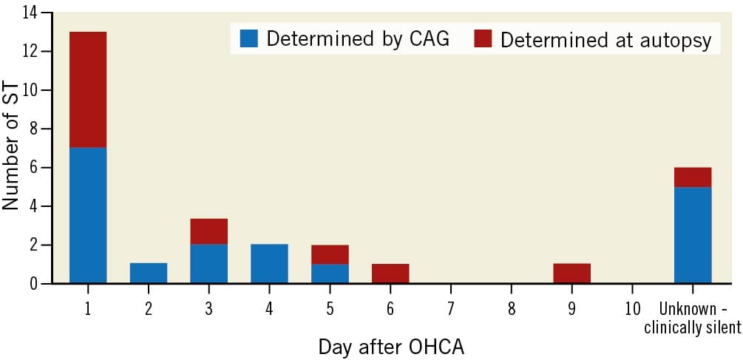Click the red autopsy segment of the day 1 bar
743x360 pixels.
pyautogui.click(x=88, y=90)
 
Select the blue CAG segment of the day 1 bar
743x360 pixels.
pyautogui.click(x=88, y=216)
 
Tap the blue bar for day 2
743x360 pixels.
pyautogui.click(x=149, y=274)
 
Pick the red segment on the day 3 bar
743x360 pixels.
pyautogui.click(x=209, y=231)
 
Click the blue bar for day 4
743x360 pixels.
pyautogui.click(x=269, y=264)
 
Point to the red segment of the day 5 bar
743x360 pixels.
pyautogui.click(x=330, y=254)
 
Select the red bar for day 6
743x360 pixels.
pyautogui.click(x=390, y=274)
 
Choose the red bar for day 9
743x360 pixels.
pyautogui.click(x=572, y=274)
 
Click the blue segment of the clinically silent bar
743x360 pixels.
pyautogui.click(x=693, y=235)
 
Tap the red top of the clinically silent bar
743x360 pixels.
pyautogui.click(x=693, y=177)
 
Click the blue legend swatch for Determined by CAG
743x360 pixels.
pyautogui.click(x=248, y=38)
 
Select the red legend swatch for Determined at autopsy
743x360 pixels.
pyautogui.click(x=483, y=38)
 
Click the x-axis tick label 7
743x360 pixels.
pyautogui.click(x=451, y=308)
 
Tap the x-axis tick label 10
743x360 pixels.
pyautogui.click(x=632, y=308)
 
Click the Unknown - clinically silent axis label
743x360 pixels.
pyautogui.click(x=693, y=317)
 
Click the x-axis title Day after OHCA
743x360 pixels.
pyautogui.click(x=391, y=347)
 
